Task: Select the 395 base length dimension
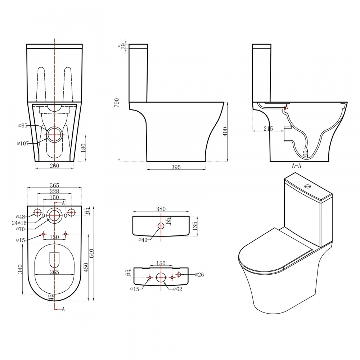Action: click(176, 167)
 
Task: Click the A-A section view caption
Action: click(297, 166)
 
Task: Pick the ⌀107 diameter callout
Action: click(23, 144)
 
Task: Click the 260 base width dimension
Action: click(54, 166)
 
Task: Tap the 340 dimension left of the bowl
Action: click(20, 269)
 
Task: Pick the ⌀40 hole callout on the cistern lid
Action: click(144, 240)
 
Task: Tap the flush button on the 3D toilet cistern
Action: click(307, 186)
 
